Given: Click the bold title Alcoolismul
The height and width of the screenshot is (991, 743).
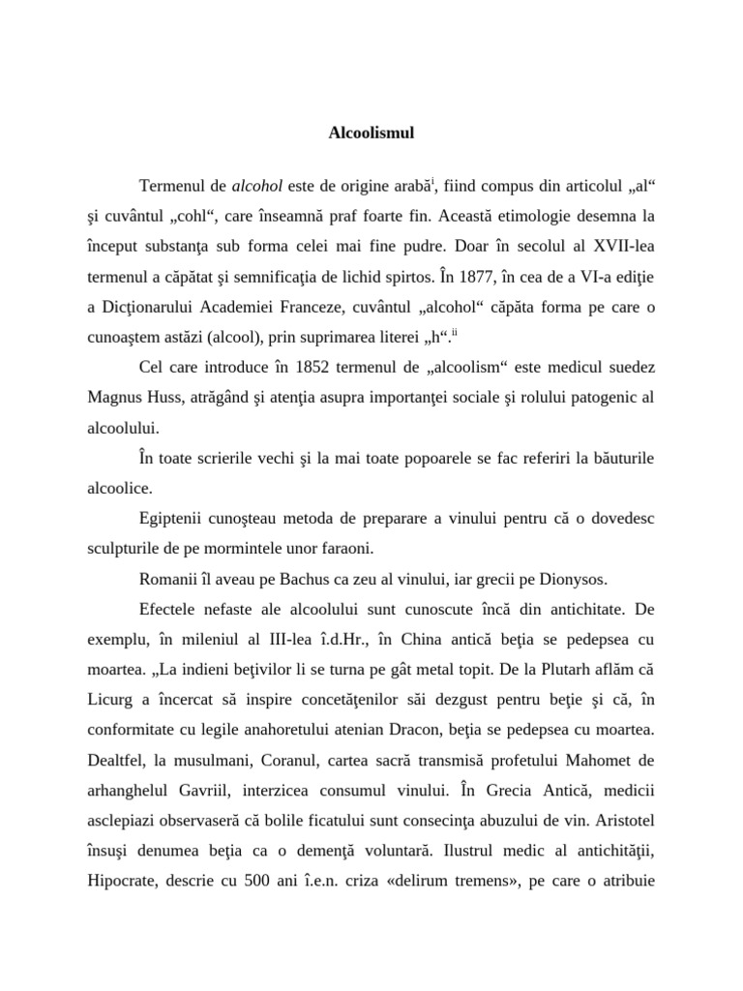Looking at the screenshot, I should [371, 132].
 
